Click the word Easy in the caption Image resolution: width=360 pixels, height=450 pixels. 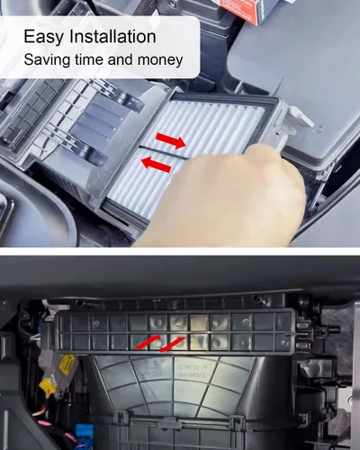(x=44, y=37)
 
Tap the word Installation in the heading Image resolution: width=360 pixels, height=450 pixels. (x=112, y=36)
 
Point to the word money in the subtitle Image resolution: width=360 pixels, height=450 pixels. (x=160, y=60)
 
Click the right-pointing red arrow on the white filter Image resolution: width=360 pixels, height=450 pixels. (x=171, y=140)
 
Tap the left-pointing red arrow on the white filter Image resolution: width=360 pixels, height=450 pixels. (x=157, y=165)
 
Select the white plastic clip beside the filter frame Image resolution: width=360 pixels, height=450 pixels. (x=295, y=119)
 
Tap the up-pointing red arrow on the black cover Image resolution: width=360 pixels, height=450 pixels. (x=148, y=342)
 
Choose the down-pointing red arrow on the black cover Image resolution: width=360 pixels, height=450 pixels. (x=172, y=345)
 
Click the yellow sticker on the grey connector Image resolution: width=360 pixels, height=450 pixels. (x=67, y=364)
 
